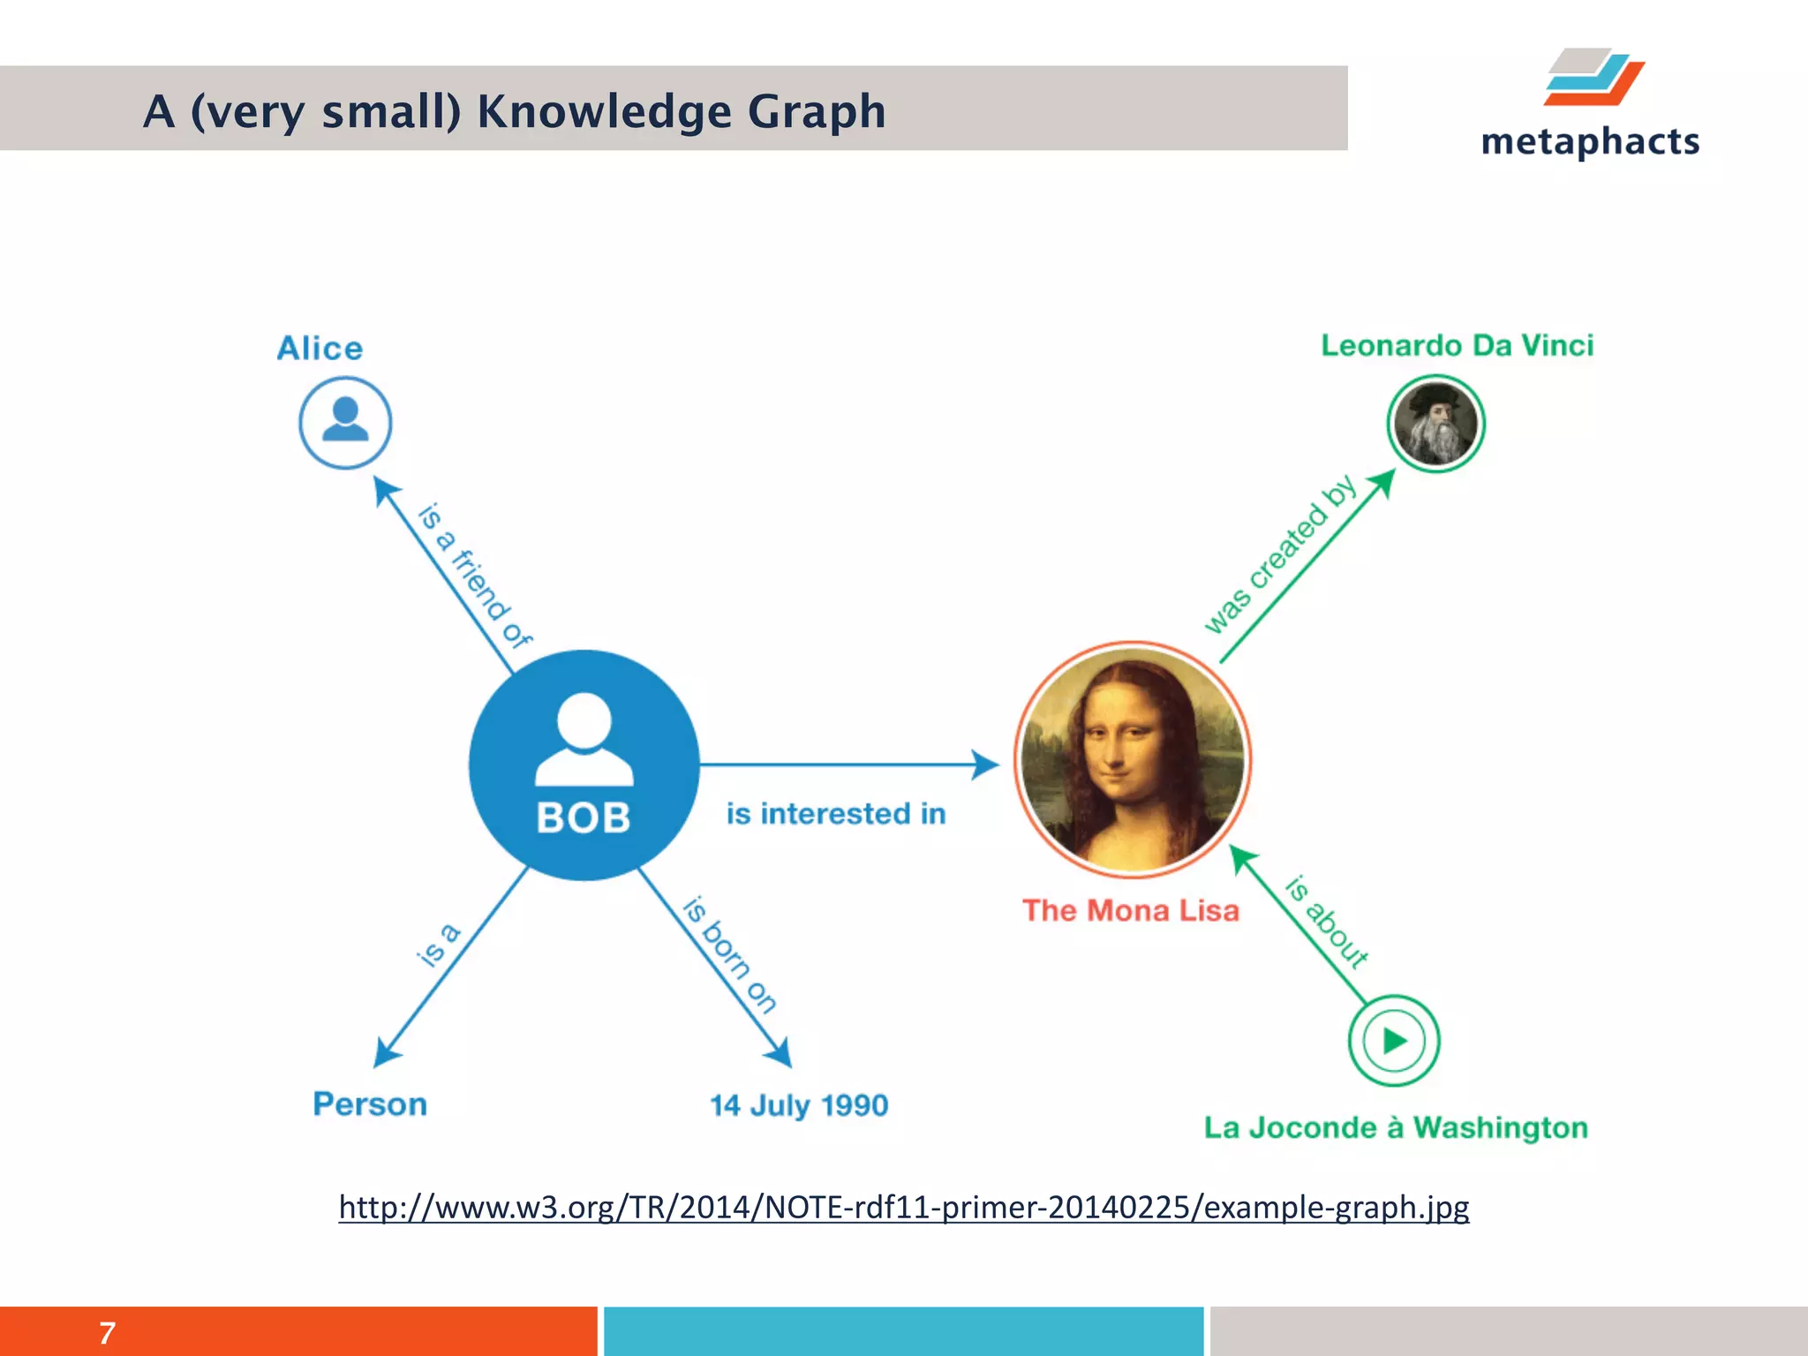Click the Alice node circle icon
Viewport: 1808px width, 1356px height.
tap(345, 422)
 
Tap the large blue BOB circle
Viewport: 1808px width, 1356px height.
tap(584, 765)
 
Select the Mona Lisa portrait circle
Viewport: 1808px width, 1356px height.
tap(1133, 759)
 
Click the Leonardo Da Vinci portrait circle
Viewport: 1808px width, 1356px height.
tap(1435, 424)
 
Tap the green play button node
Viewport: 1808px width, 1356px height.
tap(1394, 1040)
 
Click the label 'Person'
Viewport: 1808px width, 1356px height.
tap(370, 1104)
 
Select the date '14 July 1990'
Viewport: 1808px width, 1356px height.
tap(799, 1105)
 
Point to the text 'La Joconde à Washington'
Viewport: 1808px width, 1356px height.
tap(1396, 1127)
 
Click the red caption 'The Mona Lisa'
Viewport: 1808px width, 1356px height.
tap(1131, 910)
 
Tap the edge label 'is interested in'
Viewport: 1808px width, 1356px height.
tap(835, 813)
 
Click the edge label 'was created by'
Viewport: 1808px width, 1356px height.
tap(1280, 554)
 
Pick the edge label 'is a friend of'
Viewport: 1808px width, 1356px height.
tap(474, 575)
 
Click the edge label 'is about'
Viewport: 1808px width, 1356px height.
tap(1327, 922)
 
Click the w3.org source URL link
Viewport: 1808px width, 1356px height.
tap(903, 1206)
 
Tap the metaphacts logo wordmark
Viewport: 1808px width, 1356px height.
tap(1590, 141)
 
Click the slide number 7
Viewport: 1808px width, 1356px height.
tap(107, 1332)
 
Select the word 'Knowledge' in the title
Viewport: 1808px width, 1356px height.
tap(604, 112)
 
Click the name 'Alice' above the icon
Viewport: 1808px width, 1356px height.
tap(320, 348)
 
